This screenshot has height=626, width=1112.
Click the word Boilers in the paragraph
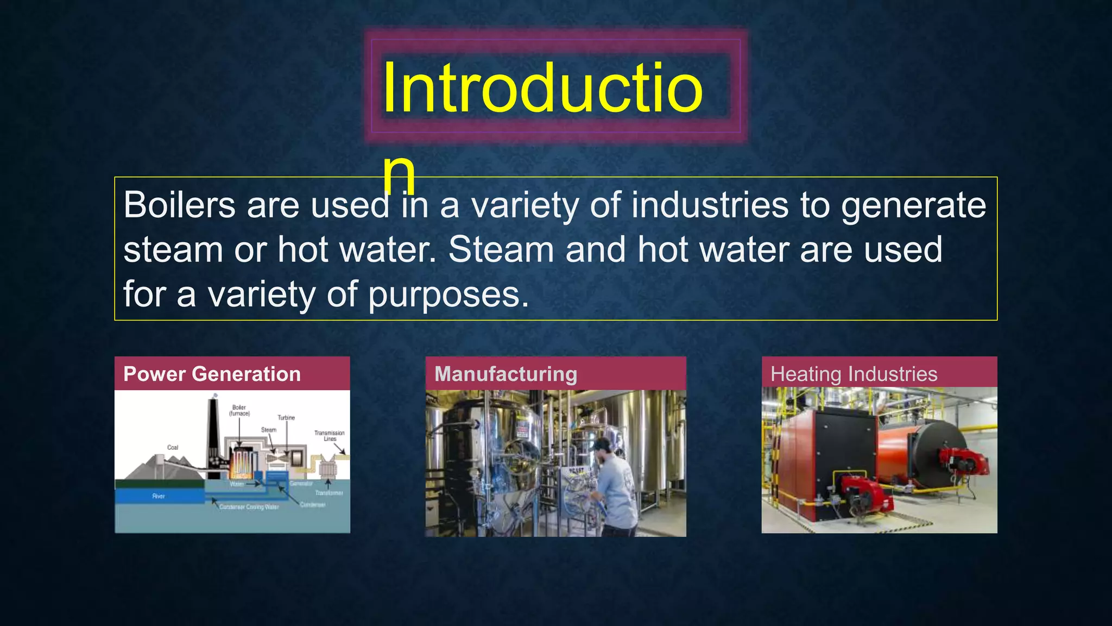point(179,205)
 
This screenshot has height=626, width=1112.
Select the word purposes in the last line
point(448,296)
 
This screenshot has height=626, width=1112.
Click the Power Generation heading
point(212,374)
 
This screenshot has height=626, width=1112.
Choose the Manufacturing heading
point(506,374)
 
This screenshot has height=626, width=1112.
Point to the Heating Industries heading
point(854,374)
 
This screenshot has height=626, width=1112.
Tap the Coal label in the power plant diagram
point(173,447)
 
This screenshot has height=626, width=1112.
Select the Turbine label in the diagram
point(286,417)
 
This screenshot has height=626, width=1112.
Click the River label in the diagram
point(159,496)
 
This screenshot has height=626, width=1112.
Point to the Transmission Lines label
point(329,435)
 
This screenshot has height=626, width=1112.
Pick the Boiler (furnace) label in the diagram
point(239,410)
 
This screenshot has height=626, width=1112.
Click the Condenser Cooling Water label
point(249,507)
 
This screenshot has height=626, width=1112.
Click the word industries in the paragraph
point(710,205)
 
